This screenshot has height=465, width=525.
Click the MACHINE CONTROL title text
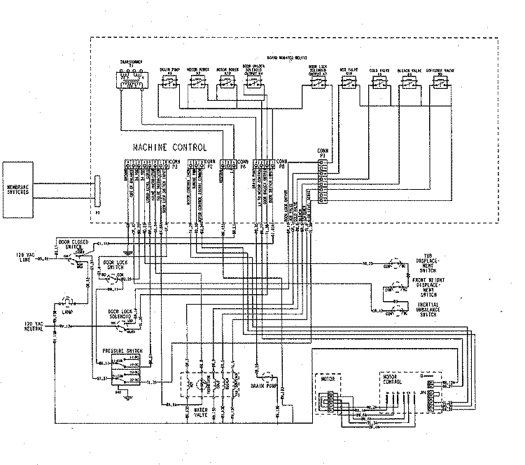170,148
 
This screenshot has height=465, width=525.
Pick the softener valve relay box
440,84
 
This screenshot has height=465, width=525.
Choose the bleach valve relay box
409,84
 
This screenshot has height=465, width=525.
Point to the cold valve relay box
378,84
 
